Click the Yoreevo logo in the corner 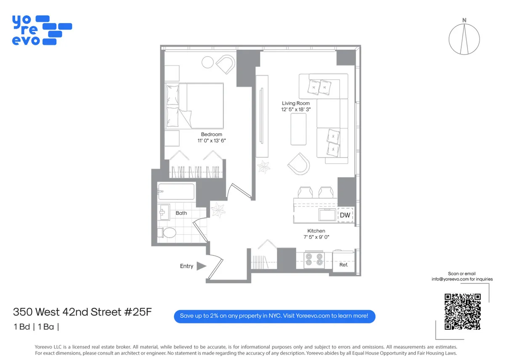(41, 30)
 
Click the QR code (462, 312)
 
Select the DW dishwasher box (345, 215)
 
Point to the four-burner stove (314, 259)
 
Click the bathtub (176, 191)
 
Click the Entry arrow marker (201, 266)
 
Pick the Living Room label (295, 103)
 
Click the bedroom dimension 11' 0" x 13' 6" (211, 141)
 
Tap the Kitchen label (316, 231)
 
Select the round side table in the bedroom (208, 62)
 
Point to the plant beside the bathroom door (219, 209)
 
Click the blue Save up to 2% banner (274, 315)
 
